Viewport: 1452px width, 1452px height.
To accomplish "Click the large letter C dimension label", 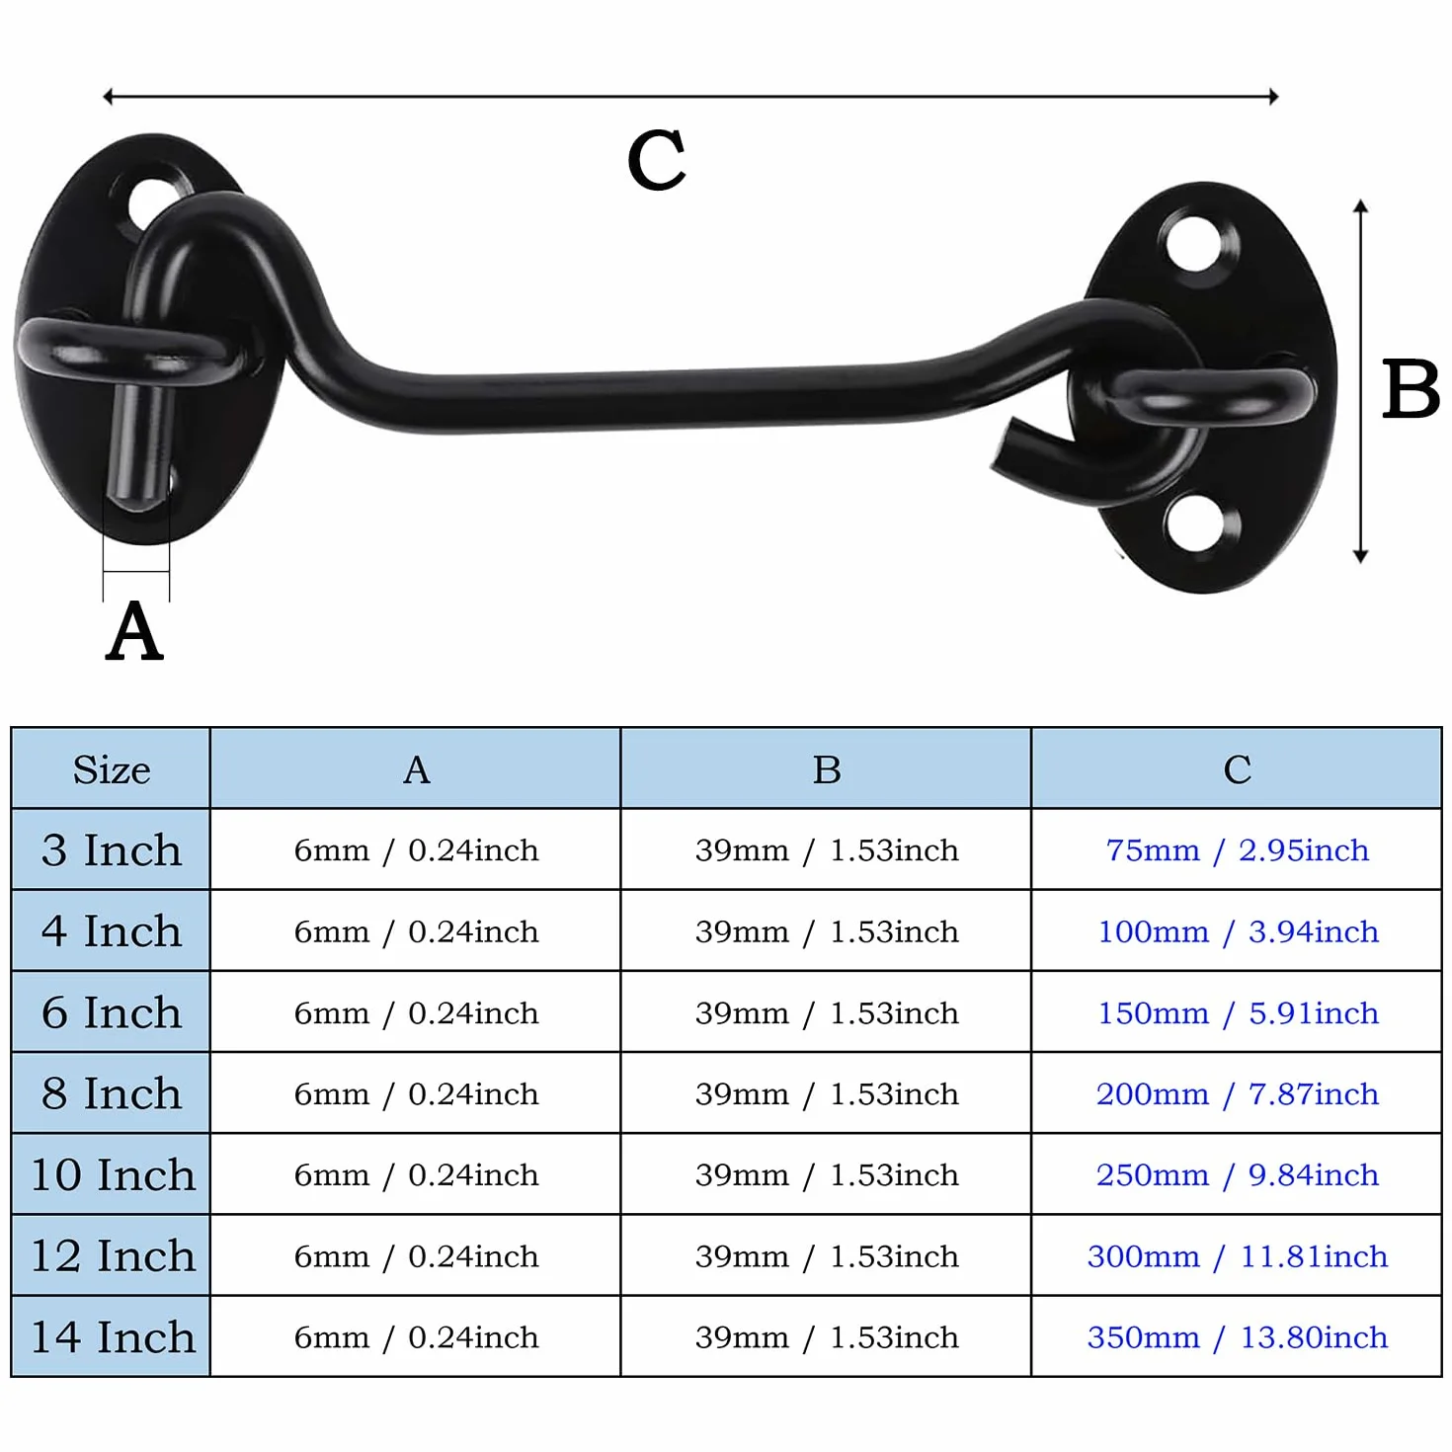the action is click(x=656, y=159).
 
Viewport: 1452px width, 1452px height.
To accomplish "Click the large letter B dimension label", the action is click(x=1410, y=389).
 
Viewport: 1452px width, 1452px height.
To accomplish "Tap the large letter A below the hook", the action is click(x=134, y=630).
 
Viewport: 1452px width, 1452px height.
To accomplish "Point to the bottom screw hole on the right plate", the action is click(x=1193, y=521).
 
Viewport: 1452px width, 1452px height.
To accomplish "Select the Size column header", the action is click(x=112, y=769).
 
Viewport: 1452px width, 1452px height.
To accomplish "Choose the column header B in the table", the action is click(x=827, y=769).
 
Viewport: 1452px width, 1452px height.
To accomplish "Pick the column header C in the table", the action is click(x=1238, y=769).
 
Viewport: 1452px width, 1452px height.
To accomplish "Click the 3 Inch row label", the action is click(x=112, y=849).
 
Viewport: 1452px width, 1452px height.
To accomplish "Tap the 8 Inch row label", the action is click(x=112, y=1093).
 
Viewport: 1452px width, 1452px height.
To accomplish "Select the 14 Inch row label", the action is click(x=113, y=1336).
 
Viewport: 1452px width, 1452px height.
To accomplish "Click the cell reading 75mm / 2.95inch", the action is click(x=1238, y=849).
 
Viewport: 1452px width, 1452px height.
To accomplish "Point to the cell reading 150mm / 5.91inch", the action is click(x=1238, y=1012).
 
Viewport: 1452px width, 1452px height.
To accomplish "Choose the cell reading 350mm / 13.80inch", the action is click(x=1238, y=1337).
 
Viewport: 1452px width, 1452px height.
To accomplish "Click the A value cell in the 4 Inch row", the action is click(x=416, y=931).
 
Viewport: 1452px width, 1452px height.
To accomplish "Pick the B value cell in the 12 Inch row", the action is click(x=827, y=1256).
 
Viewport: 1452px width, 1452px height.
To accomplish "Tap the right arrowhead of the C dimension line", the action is click(x=1273, y=97).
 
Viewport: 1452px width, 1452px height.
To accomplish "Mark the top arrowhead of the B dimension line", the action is click(x=1361, y=205).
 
